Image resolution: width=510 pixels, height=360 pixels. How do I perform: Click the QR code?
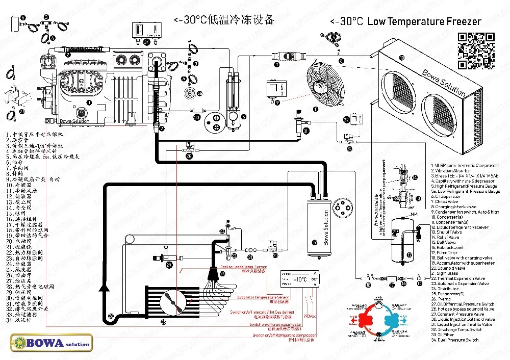(476, 50)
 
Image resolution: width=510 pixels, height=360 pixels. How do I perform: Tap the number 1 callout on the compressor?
(90, 102)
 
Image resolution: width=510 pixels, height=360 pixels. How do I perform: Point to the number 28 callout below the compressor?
(189, 157)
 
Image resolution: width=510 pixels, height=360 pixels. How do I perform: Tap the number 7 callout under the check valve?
(276, 65)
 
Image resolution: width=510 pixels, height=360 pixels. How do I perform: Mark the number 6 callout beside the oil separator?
(243, 117)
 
